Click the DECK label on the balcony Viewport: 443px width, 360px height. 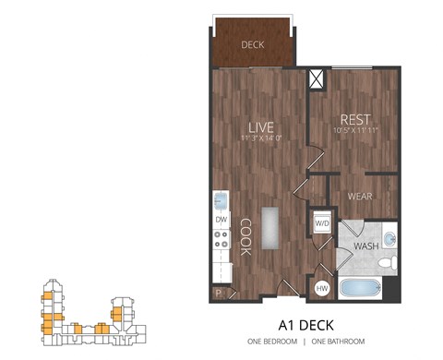[x=252, y=44]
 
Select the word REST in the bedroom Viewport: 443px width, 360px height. [x=355, y=119]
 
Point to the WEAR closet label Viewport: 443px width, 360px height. [x=358, y=197]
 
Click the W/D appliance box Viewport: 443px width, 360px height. [x=323, y=223]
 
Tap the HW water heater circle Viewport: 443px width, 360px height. [x=322, y=289]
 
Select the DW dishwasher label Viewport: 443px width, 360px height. [x=221, y=220]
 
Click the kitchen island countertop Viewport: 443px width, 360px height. [x=270, y=228]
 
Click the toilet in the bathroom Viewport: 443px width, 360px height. [x=390, y=263]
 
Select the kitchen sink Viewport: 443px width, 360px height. [x=221, y=200]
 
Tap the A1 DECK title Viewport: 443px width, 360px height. [x=305, y=325]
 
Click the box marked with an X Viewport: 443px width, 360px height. [x=317, y=79]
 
